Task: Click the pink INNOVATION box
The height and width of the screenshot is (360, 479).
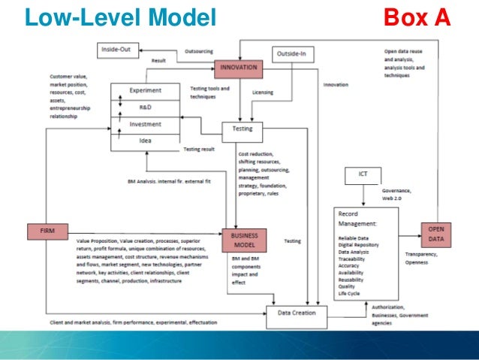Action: [x=239, y=68]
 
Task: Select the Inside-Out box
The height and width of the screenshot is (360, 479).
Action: [x=118, y=50]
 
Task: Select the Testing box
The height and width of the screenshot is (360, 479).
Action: [x=243, y=129]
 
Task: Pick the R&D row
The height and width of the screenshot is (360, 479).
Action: [x=146, y=107]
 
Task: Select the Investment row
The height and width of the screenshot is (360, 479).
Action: [x=146, y=124]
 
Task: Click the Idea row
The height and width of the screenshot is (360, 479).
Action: [x=146, y=141]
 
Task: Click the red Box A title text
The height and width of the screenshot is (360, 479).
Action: [x=417, y=16]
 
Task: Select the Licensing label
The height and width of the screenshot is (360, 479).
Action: [x=263, y=94]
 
